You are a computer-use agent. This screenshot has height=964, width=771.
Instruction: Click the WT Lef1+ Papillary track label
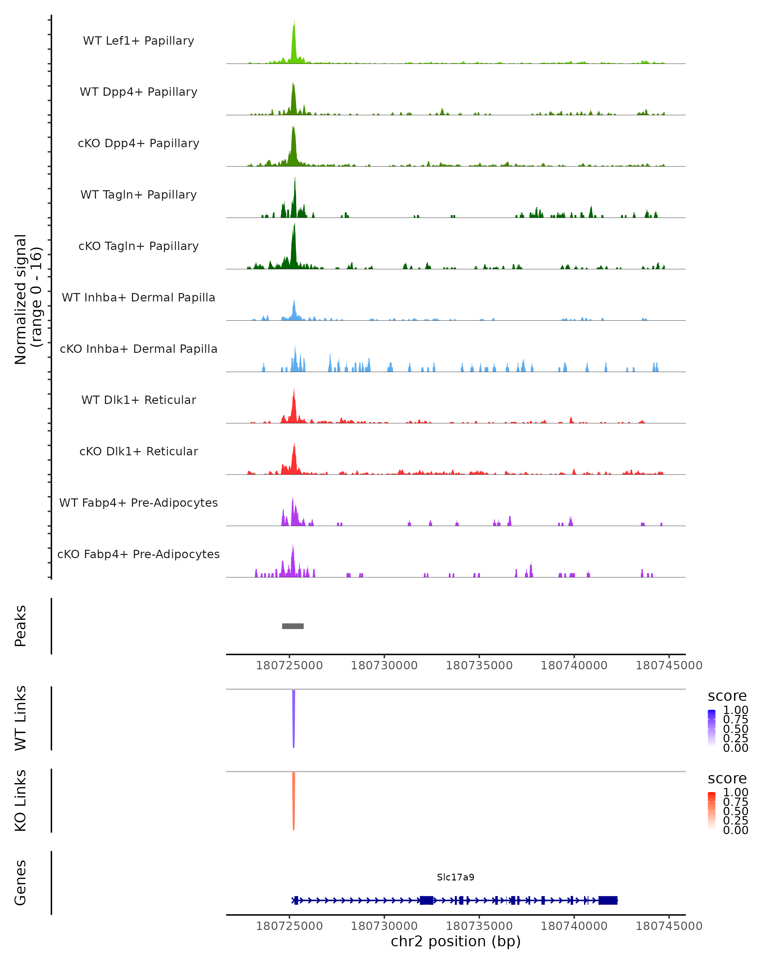[x=138, y=41]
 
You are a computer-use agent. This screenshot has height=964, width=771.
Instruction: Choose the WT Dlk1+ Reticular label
[x=138, y=400]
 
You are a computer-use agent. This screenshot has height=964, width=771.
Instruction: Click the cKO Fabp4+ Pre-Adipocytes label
[x=138, y=554]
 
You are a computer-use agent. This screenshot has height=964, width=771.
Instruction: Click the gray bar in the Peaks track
[x=293, y=626]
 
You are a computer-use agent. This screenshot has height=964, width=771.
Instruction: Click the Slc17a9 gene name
[x=456, y=877]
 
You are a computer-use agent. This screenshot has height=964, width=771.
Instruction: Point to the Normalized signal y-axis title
[x=28, y=299]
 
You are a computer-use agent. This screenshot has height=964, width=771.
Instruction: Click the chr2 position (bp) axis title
[x=456, y=941]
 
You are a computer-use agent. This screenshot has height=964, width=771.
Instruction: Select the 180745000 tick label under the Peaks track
[x=669, y=665]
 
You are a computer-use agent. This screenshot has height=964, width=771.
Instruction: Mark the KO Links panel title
[x=21, y=800]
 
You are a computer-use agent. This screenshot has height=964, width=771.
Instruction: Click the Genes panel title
[x=21, y=883]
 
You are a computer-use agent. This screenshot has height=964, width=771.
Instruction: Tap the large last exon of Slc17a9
[x=608, y=900]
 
